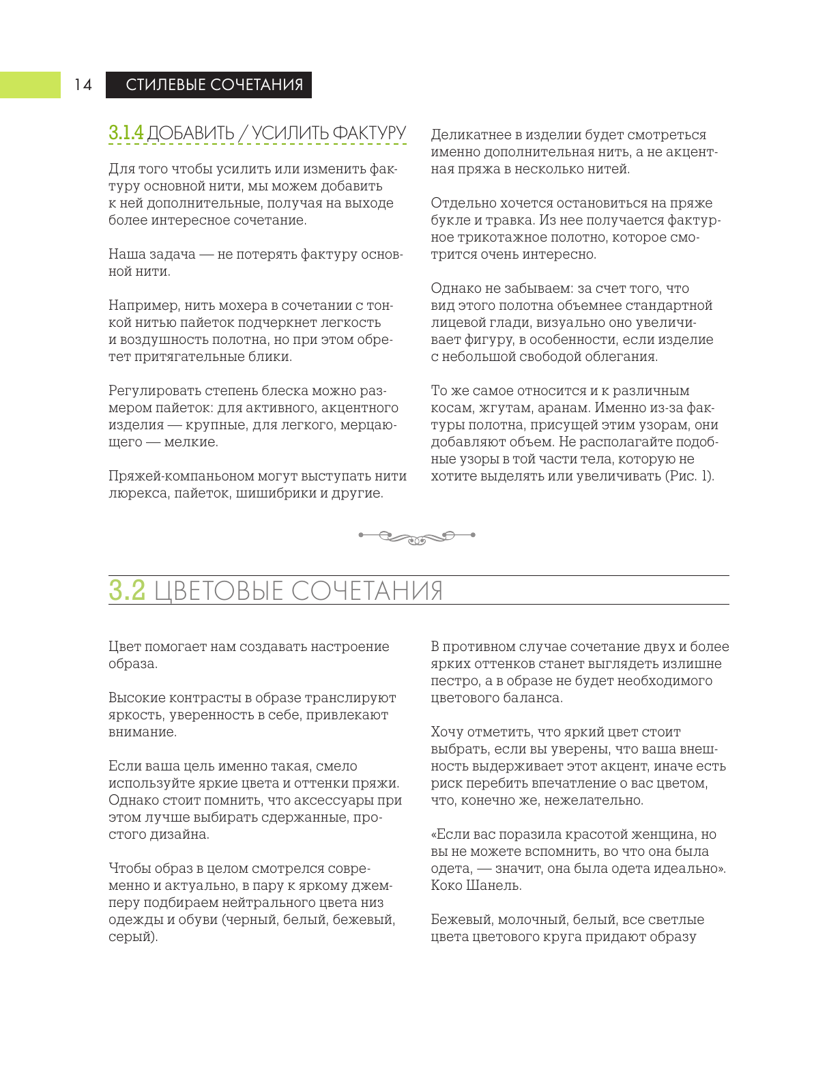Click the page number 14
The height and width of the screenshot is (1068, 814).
click(83, 85)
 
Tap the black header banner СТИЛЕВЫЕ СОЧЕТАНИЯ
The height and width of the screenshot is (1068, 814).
click(209, 85)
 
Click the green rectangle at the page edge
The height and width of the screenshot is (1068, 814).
click(30, 85)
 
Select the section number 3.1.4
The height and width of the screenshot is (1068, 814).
click(126, 132)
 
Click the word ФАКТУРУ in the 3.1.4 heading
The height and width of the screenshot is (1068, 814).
click(369, 132)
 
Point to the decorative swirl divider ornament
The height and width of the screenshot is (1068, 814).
click(417, 536)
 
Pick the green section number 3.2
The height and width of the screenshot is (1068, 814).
click(128, 590)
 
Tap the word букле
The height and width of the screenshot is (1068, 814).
click(448, 220)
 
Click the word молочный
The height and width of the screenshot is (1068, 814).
click(529, 920)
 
